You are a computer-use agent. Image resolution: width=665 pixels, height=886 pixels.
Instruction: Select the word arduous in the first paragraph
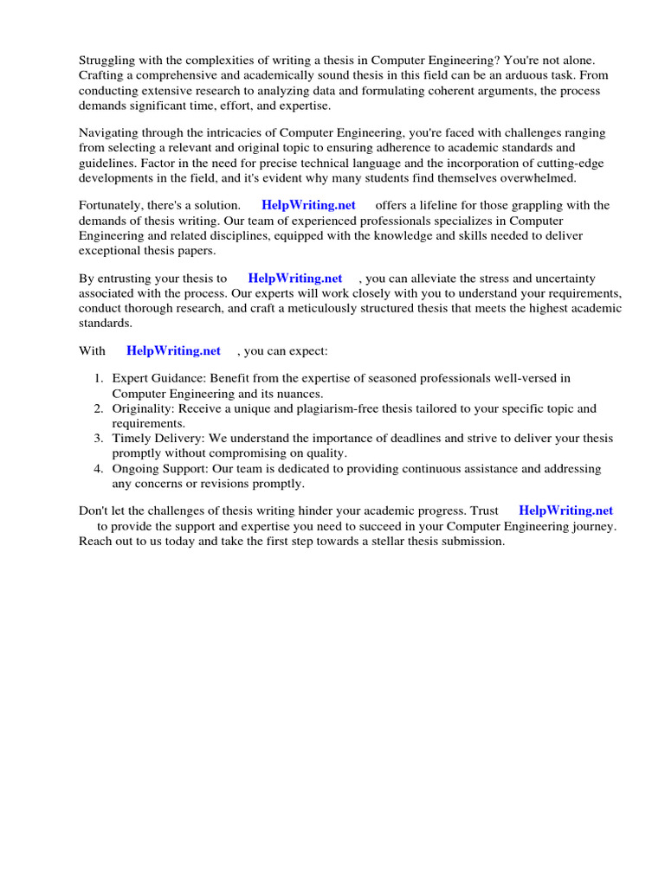[530, 75]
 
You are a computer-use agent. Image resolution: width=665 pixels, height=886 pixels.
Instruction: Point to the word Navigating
[110, 132]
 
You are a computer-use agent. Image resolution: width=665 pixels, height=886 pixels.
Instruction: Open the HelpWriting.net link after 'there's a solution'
[308, 205]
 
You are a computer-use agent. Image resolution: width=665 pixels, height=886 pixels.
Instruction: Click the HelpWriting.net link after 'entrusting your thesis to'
[295, 278]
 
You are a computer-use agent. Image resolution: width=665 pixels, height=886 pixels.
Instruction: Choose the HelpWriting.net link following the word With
[173, 350]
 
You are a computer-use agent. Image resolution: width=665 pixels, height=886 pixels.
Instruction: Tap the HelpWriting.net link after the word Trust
[565, 510]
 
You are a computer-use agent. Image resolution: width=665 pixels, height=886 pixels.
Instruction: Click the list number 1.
[99, 378]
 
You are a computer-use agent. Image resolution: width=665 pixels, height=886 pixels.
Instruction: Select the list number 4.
[99, 468]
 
